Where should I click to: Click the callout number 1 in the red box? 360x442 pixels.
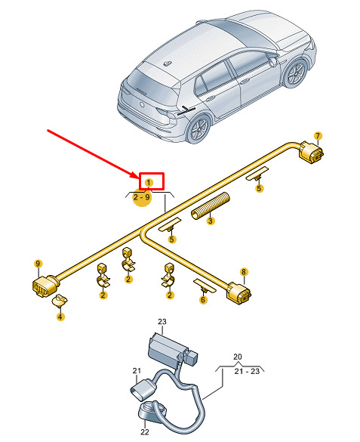click(x=149, y=182)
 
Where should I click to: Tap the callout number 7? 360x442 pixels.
click(x=318, y=136)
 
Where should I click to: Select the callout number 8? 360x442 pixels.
click(x=244, y=272)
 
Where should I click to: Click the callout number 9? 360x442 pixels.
click(x=38, y=264)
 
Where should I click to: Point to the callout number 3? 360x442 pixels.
click(x=211, y=221)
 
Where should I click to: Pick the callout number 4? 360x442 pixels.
click(x=60, y=317)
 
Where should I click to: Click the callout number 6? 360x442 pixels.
click(x=203, y=300)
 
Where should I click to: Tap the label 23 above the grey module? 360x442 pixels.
click(x=162, y=322)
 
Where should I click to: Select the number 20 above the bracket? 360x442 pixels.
click(x=238, y=357)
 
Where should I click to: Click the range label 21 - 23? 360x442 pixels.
click(x=247, y=371)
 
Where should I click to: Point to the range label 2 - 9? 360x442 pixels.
click(x=142, y=196)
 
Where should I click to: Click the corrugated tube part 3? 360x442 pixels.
click(x=211, y=206)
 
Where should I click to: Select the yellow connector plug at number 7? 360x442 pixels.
click(x=311, y=153)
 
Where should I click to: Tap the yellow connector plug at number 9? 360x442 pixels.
click(x=45, y=286)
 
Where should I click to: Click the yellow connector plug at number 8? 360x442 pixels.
click(x=238, y=293)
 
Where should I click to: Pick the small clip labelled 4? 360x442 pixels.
click(x=59, y=301)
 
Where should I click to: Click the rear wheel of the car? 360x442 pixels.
click(x=198, y=128)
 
